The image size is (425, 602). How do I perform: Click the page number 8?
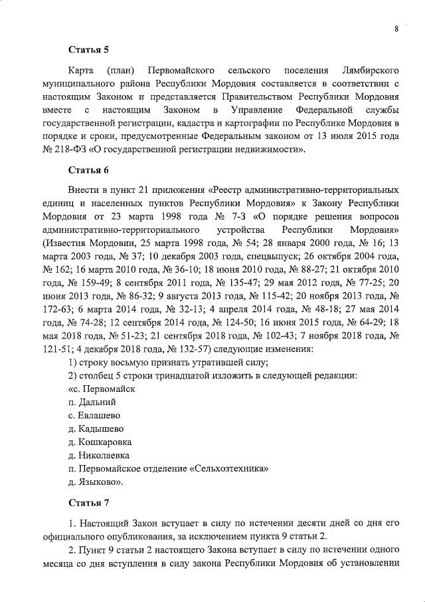point(396,29)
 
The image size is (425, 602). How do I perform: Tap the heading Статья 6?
point(89,170)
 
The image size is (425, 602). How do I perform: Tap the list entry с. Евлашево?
point(94,416)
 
